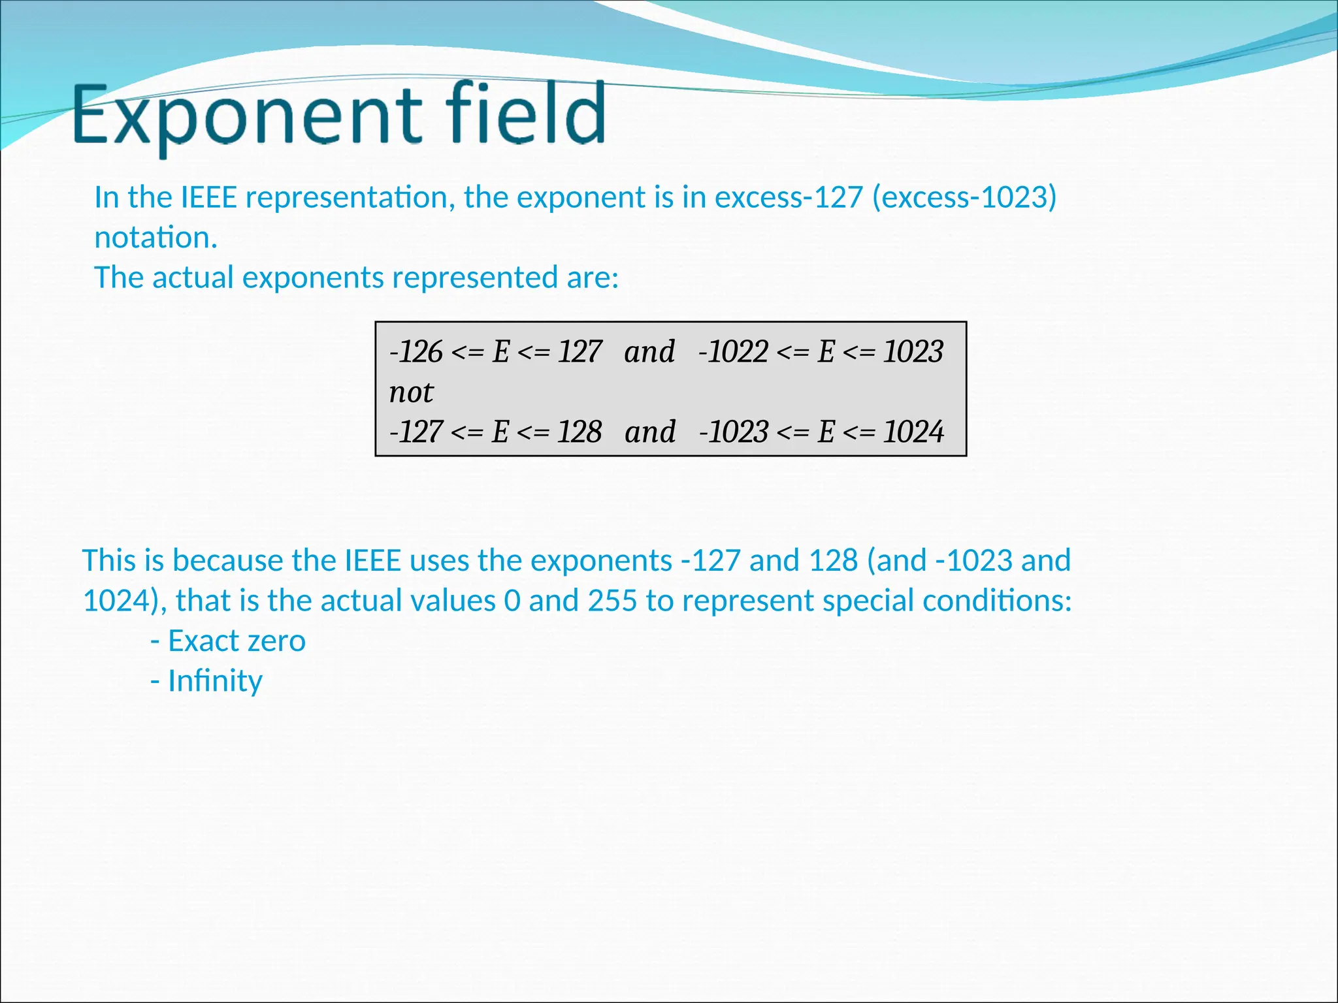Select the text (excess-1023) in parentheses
[964, 197]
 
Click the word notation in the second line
[154, 238]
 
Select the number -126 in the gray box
[416, 352]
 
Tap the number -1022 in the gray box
[733, 352]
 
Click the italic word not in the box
[411, 392]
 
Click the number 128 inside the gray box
[579, 432]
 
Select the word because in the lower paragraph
[227, 561]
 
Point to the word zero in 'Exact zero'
[276, 641]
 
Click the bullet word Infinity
[215, 681]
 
